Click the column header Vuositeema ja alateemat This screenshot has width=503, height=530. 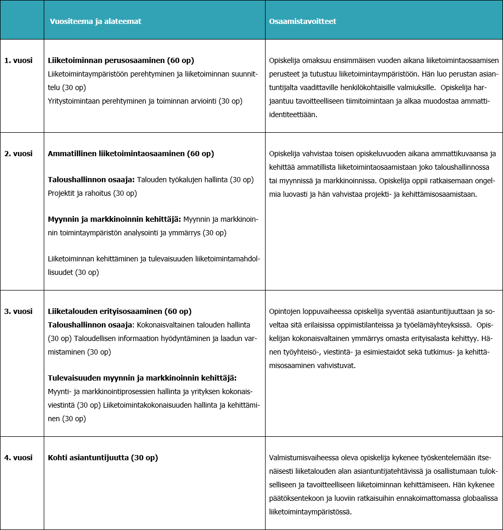point(95,21)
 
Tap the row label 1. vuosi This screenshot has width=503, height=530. point(18,60)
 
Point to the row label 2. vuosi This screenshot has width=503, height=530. point(18,154)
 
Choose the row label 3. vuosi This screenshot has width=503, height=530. point(18,311)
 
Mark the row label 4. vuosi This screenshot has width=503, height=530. point(18,458)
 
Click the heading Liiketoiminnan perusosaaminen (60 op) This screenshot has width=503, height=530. point(124,60)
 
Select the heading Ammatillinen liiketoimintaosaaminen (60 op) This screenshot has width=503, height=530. point(131,154)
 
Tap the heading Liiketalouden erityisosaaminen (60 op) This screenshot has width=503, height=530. point(120,311)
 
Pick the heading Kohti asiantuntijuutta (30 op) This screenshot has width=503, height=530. point(103,458)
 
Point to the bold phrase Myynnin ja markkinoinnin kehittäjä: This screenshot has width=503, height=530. point(114,219)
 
